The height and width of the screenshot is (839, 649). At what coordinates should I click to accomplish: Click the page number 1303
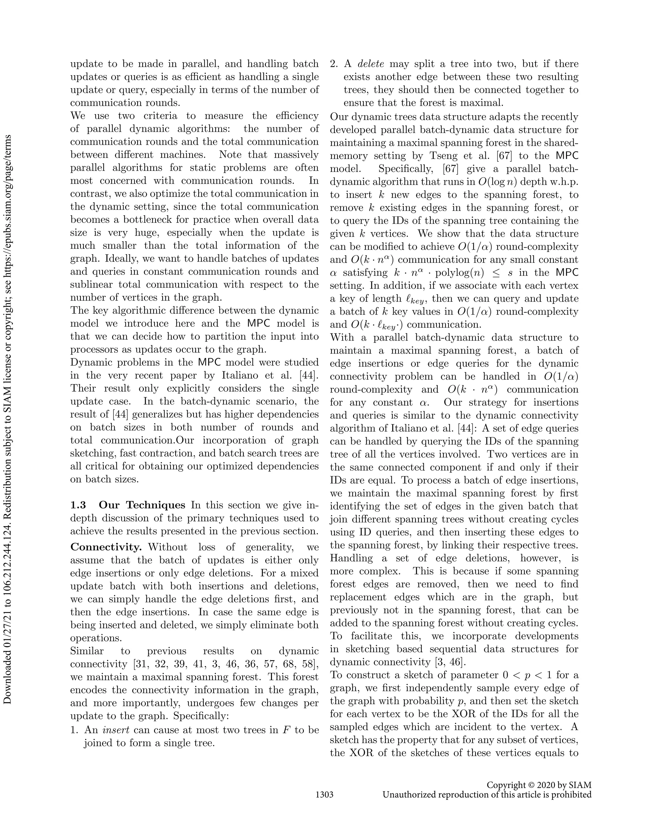pyautogui.click(x=324, y=794)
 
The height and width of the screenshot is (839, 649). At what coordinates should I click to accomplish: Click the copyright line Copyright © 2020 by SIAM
pyautogui.click(x=539, y=785)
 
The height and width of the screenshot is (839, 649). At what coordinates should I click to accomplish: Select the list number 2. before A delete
pyautogui.click(x=334, y=64)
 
